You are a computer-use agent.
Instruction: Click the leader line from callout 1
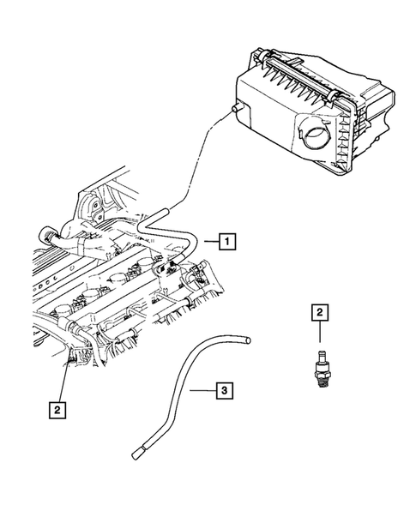[x=208, y=243]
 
